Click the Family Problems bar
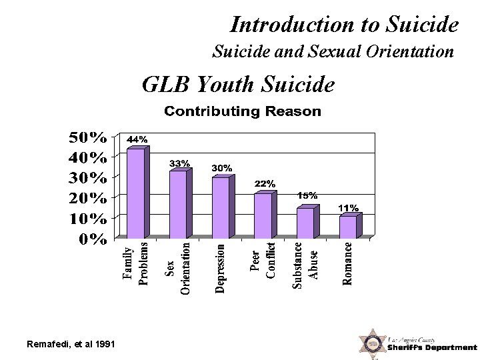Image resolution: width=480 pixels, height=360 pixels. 135,193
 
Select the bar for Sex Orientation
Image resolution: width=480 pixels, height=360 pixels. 178,205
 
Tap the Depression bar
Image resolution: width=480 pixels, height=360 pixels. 221,207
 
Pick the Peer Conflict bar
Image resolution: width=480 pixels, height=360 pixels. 263,215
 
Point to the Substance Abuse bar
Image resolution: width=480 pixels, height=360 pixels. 305,223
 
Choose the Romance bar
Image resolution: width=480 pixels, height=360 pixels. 348,227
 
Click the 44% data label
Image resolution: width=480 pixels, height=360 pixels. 137,139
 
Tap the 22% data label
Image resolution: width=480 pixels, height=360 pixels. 265,183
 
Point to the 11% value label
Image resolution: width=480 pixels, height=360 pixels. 348,208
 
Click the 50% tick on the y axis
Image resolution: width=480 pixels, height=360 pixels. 88,138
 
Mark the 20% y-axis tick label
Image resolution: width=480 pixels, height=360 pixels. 88,199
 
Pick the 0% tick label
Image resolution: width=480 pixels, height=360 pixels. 93,239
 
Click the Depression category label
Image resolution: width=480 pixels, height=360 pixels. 221,268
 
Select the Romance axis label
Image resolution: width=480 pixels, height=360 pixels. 348,263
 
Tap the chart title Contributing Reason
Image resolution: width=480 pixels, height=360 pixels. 243,111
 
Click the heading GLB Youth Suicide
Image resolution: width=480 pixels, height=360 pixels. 238,85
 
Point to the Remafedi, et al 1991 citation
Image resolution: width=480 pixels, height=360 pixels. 69,343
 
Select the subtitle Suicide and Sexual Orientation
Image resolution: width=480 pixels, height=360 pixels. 333,51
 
